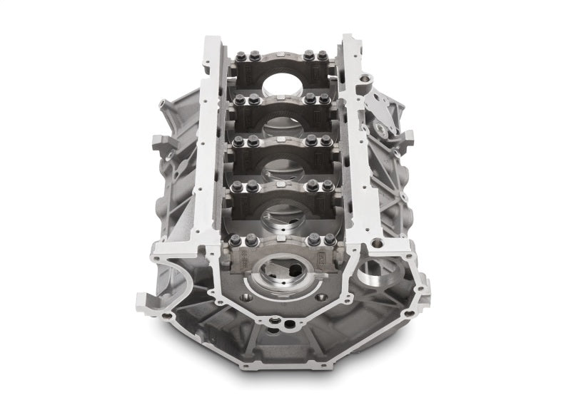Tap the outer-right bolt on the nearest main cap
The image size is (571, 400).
click(x=330, y=242)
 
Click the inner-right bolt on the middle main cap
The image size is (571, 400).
click(x=311, y=141)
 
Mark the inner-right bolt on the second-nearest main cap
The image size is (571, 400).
click(x=312, y=185)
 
